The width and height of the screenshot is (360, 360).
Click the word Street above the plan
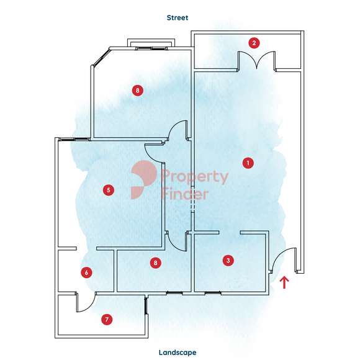click(x=178, y=17)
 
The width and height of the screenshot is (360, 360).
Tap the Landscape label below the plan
click(x=178, y=353)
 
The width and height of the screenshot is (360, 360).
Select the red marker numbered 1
click(x=248, y=163)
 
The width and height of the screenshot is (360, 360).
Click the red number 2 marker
click(x=254, y=43)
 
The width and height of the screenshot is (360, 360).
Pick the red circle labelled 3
click(x=228, y=260)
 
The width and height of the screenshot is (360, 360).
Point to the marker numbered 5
click(x=109, y=190)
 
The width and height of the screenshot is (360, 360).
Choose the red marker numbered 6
click(x=86, y=272)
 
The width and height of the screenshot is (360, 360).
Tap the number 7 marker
click(x=107, y=320)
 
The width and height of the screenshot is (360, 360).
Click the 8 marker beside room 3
click(x=155, y=263)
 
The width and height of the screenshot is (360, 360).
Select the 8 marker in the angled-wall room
click(x=138, y=90)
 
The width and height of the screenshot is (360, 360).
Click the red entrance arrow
click(x=284, y=282)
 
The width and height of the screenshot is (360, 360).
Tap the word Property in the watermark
click(x=195, y=177)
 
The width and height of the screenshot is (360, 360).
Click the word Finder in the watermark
click(x=185, y=194)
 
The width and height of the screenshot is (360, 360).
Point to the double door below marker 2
click(x=256, y=60)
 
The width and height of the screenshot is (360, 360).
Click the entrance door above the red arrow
click(x=284, y=260)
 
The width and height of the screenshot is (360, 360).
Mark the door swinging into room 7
click(x=86, y=302)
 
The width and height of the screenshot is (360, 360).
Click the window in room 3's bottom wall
click(x=213, y=293)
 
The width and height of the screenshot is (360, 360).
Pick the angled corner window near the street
click(x=101, y=58)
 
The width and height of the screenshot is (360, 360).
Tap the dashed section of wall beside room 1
click(x=193, y=199)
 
